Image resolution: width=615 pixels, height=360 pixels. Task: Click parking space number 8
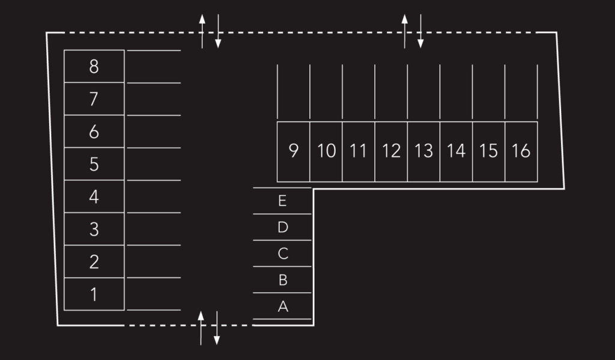(94, 66)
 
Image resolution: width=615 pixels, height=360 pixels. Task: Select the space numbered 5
(94, 164)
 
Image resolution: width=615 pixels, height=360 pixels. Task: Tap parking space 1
(94, 294)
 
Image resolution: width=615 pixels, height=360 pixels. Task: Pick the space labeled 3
(94, 229)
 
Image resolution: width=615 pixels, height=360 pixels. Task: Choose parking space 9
(293, 151)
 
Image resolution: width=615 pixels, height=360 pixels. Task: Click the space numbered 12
(391, 151)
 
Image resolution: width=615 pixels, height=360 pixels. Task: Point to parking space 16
(521, 151)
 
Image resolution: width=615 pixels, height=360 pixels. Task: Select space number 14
(456, 151)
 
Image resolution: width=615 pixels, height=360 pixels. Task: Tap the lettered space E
(282, 201)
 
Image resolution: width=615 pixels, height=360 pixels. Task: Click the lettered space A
(282, 307)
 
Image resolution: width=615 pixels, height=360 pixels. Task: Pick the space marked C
(282, 254)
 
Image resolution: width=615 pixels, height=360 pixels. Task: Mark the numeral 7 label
(94, 99)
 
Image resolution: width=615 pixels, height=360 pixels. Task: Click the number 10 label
(326, 151)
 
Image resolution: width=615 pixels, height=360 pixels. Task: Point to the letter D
(283, 227)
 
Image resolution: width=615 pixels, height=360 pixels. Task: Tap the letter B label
(283, 280)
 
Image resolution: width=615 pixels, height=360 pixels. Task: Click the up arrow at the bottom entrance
(201, 328)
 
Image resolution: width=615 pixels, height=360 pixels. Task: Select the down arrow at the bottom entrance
(217, 328)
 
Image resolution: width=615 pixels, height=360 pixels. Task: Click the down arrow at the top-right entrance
(420, 31)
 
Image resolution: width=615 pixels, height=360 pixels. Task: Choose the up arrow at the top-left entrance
(202, 31)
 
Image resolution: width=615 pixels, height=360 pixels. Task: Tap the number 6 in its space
(94, 132)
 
